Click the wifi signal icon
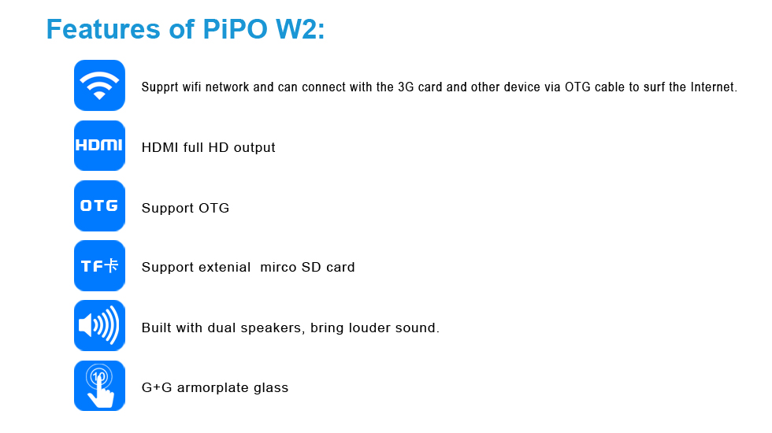(x=99, y=85)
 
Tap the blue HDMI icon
(x=99, y=146)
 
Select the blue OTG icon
(x=99, y=205)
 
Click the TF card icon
(x=99, y=266)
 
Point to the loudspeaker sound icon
(x=99, y=326)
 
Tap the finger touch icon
(x=99, y=386)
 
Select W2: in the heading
(x=300, y=29)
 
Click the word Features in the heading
(x=103, y=29)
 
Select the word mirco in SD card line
(x=279, y=267)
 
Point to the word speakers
(x=271, y=328)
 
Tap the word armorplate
(x=213, y=388)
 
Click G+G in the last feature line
(x=157, y=387)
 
